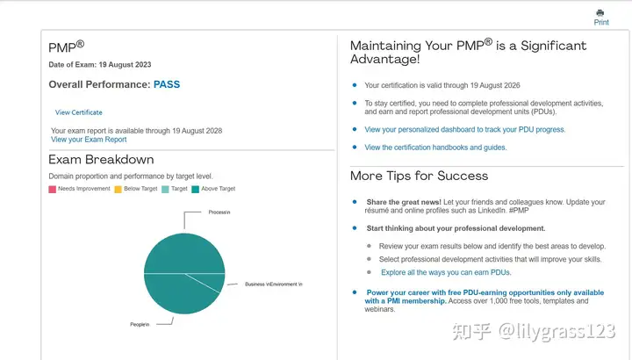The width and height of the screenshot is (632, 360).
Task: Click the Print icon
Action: (x=600, y=13)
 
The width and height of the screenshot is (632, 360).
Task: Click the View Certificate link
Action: (x=79, y=112)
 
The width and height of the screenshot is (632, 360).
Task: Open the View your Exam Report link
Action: (x=89, y=140)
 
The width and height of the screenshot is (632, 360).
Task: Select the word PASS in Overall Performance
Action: (x=167, y=85)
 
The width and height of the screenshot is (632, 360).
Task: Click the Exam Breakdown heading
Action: (x=101, y=160)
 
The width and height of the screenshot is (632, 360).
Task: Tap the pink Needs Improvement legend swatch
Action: (x=53, y=189)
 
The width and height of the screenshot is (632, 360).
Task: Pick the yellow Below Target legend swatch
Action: (x=118, y=189)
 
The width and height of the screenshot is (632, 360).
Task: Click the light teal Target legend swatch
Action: (x=165, y=189)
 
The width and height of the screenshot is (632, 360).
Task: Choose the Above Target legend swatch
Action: (x=196, y=189)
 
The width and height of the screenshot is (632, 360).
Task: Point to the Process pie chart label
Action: (x=219, y=212)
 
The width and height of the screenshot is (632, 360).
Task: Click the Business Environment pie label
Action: (x=273, y=284)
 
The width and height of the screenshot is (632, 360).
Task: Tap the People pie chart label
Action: (x=140, y=325)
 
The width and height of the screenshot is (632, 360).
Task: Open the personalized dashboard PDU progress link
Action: (x=464, y=129)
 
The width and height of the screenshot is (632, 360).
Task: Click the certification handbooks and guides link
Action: (x=435, y=148)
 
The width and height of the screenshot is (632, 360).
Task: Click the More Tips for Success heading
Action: (x=419, y=176)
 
